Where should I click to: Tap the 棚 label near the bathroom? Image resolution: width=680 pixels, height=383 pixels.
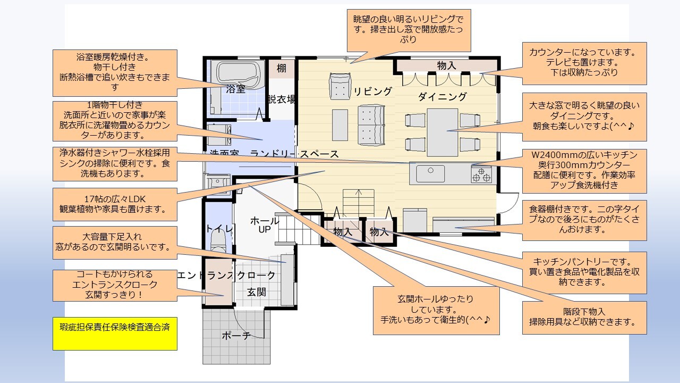click(281, 68)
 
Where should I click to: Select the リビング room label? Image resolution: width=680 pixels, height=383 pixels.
click(372, 91)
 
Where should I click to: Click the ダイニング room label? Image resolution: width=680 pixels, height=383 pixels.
click(442, 96)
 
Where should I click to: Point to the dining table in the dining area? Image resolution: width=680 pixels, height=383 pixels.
click(442, 131)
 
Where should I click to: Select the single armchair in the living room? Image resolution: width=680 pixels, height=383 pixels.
click(339, 86)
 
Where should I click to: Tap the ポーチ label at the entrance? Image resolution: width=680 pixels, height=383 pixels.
click(236, 335)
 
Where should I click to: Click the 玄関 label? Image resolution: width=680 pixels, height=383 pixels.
click(256, 293)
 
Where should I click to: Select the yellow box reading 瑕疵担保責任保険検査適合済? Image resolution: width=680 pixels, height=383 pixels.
click(115, 334)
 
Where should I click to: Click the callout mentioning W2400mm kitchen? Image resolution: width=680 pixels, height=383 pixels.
click(584, 170)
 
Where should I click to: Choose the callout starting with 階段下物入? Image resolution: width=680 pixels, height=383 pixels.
click(584, 318)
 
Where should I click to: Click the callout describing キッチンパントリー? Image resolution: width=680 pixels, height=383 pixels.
click(584, 272)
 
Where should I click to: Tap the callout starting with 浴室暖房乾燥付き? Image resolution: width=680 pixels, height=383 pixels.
click(115, 72)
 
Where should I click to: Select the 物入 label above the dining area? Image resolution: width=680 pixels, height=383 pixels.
click(446, 65)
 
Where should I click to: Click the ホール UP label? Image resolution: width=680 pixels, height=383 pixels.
click(264, 225)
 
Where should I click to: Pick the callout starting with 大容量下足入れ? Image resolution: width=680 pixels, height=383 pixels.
click(115, 242)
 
